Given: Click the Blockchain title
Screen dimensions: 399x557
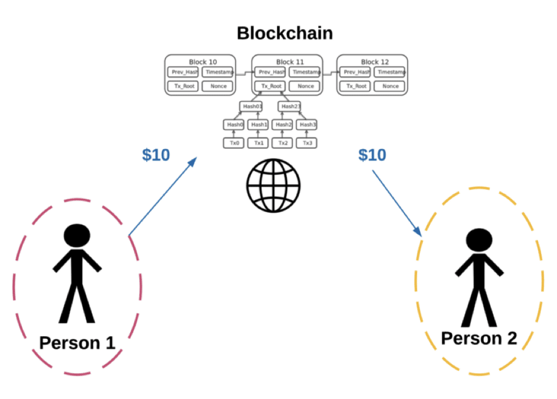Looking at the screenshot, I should coord(284,33).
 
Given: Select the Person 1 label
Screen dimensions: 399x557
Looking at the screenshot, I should coord(77,342).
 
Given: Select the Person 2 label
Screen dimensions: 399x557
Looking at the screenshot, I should coord(479,338).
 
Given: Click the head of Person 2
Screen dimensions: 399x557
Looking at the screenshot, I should coord(479,242).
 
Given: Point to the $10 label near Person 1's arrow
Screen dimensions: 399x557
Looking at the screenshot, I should coord(156,155).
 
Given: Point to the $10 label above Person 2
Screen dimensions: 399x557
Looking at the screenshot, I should coord(372,155).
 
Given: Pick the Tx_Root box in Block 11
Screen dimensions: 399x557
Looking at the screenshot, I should coord(271,86).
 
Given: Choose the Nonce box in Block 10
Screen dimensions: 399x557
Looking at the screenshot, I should coord(218,86).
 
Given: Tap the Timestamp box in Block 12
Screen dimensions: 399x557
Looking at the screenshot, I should coord(391,72).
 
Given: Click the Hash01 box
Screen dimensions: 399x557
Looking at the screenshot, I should coord(251,106).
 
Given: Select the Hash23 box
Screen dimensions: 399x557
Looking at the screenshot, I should coord(290,106).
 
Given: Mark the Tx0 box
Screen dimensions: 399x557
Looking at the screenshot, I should coord(234,143).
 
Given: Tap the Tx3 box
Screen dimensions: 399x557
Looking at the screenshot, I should coord(307,143).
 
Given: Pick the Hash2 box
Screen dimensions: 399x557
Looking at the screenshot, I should coord(283,125).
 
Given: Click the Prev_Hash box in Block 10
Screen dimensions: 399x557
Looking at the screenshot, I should coord(183,72).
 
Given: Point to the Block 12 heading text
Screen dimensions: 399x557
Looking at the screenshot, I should coord(372,62).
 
